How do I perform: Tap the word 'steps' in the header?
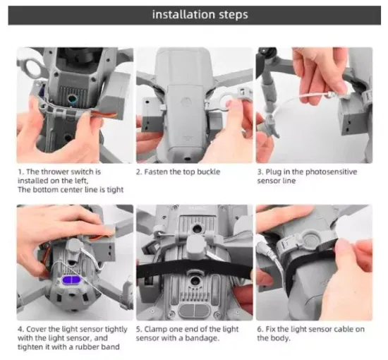tap(234, 15)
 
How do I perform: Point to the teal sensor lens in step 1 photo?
tap(73, 99)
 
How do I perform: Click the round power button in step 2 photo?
tap(186, 102)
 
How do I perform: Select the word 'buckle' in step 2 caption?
tap(208, 172)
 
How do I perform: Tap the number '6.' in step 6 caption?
tap(260, 330)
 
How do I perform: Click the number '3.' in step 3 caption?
tap(260, 172)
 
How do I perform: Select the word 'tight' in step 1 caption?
tap(115, 190)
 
